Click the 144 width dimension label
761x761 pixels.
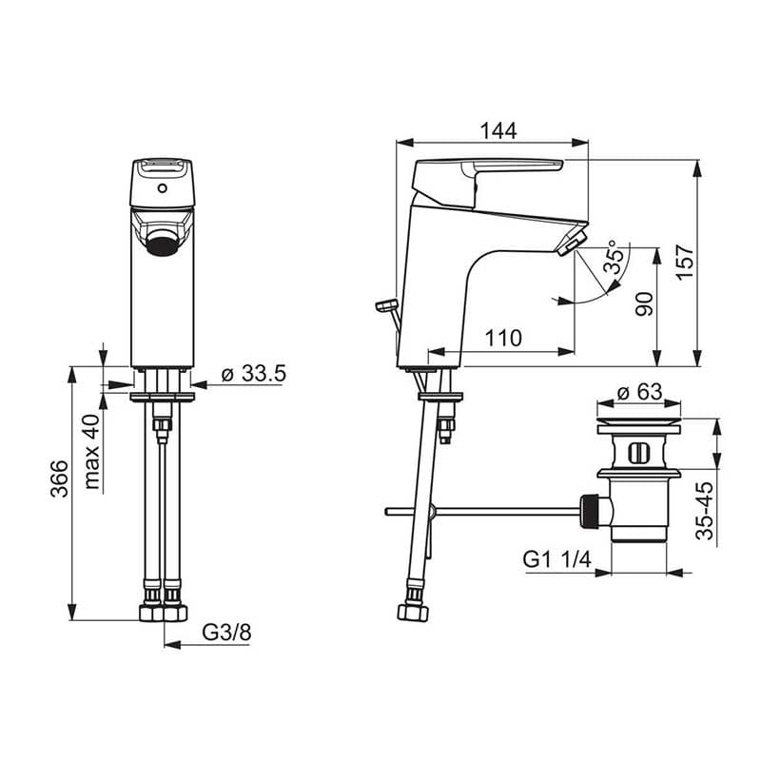498,130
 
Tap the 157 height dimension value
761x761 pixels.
685,263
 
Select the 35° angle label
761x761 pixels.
614,257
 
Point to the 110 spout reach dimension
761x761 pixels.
503,338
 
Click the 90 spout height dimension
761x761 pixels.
644,304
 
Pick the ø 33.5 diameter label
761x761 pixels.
254,373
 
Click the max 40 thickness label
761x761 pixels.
90,451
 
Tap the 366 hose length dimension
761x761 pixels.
59,478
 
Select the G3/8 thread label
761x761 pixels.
226,633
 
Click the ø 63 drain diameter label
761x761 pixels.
638,391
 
